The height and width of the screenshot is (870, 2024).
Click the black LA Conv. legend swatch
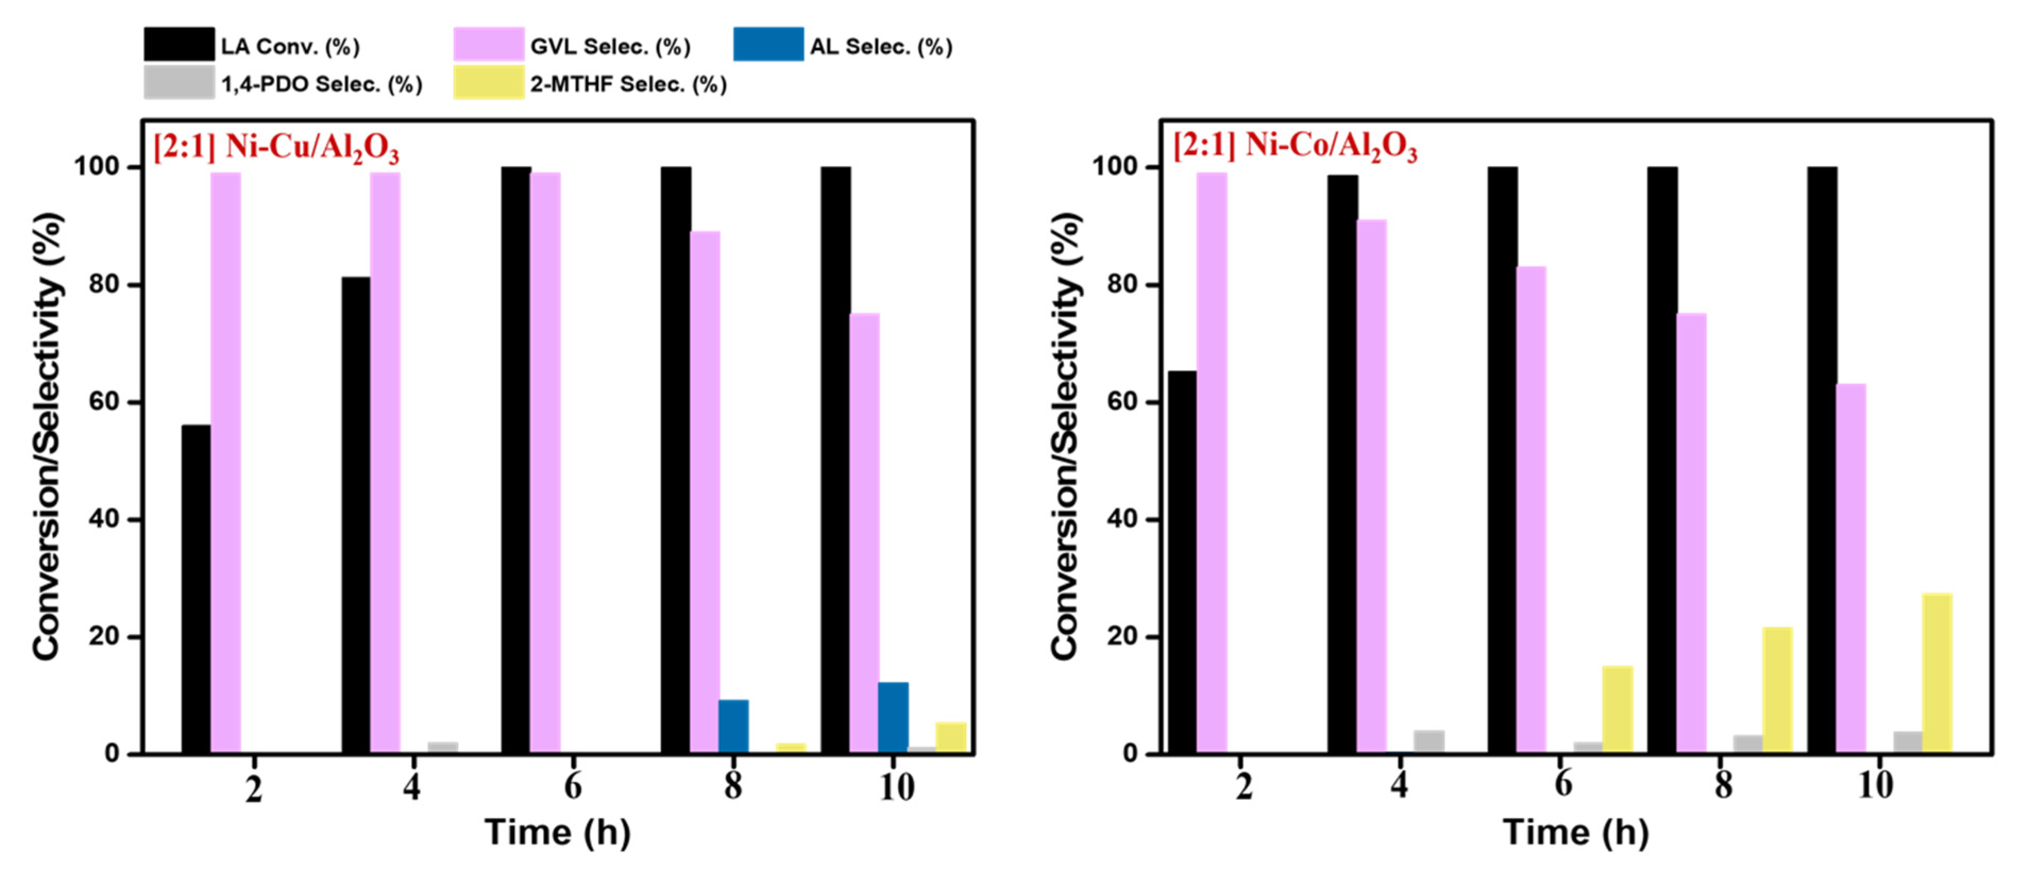click(179, 44)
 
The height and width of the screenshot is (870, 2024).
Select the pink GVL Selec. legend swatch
click(488, 44)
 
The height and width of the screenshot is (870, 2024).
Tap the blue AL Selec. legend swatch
click(768, 44)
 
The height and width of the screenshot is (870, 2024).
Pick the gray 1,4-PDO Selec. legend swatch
click(179, 82)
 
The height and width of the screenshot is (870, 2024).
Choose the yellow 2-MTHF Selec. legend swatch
click(488, 82)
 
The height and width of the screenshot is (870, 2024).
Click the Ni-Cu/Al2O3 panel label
click(276, 147)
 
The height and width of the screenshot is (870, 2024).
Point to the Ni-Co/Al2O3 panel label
click(1295, 147)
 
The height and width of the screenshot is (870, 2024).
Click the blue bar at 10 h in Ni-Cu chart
click(893, 717)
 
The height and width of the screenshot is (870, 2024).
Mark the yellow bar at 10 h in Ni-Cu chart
click(951, 737)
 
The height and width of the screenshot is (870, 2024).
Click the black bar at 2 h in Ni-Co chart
click(1182, 562)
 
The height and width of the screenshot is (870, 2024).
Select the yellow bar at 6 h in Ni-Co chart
click(1618, 709)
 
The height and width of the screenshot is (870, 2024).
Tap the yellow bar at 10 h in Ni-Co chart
click(1937, 673)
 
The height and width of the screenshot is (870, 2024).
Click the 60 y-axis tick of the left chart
click(105, 402)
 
